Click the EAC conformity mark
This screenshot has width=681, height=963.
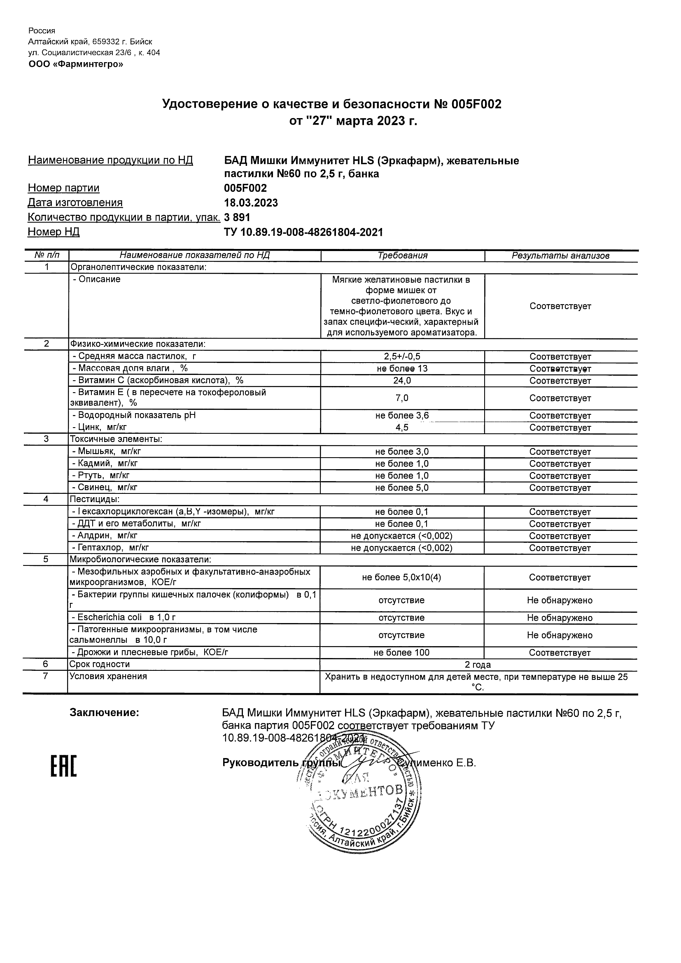tap(64, 766)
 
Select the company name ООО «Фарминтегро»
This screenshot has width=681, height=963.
tap(76, 64)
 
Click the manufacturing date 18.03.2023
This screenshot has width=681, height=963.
tap(251, 203)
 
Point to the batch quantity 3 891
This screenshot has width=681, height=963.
tap(237, 217)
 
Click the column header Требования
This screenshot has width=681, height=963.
tap(402, 256)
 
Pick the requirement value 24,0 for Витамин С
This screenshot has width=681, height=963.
tap(402, 380)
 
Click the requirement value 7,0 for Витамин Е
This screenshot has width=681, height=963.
tap(402, 398)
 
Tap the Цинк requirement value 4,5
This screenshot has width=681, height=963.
tap(402, 428)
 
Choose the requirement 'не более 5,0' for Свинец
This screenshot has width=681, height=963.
tap(402, 487)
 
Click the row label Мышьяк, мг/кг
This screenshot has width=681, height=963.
tap(110, 451)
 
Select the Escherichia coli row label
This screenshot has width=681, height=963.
tap(124, 617)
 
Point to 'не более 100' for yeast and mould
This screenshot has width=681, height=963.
tap(401, 652)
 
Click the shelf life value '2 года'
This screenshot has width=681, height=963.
tap(478, 664)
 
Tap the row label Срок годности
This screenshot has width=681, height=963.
tap(100, 664)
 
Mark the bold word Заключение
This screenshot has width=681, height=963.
tap(105, 713)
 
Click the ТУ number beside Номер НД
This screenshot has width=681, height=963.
tap(303, 232)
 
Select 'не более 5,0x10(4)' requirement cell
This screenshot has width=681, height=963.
tap(401, 577)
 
